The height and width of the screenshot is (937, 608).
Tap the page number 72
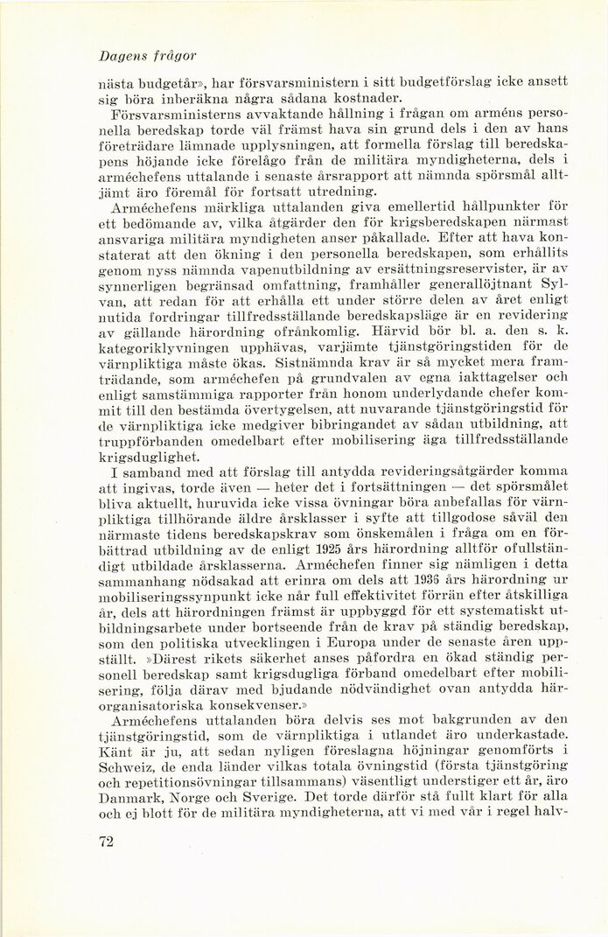[108, 842]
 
